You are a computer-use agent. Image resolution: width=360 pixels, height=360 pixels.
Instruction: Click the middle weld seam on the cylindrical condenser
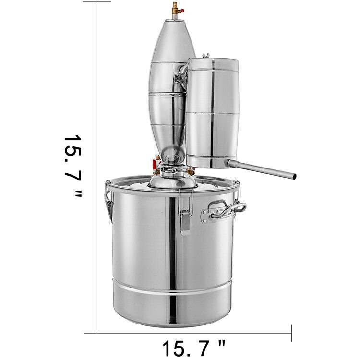[x=212, y=113]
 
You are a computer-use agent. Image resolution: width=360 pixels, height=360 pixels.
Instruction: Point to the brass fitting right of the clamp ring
[x=191, y=170]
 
